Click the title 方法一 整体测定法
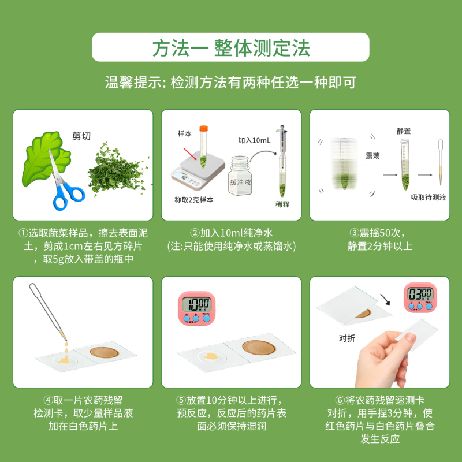tap(230, 47)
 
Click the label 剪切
tap(81, 136)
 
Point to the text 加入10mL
tap(254, 140)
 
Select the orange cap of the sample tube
tap(203, 128)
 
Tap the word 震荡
tap(372, 157)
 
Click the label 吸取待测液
tap(428, 198)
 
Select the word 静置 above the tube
tap(404, 131)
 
